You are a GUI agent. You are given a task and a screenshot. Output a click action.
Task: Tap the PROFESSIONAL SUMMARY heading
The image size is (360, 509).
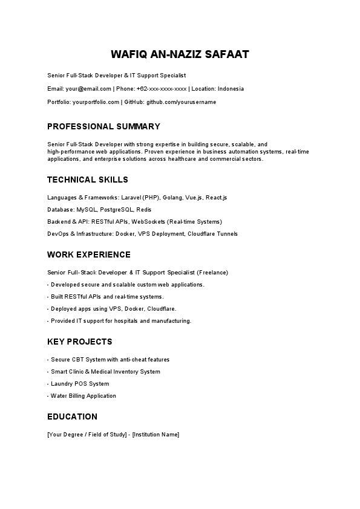coord(103,126)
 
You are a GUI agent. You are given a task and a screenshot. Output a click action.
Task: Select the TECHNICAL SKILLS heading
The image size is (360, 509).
coord(88,180)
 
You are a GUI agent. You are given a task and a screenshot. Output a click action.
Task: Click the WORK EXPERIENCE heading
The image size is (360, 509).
coord(89,254)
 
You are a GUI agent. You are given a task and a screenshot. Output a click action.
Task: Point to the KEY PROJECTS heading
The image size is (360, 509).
coord(79,342)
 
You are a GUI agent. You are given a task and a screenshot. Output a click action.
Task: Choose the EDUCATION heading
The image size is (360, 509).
coord(72,417)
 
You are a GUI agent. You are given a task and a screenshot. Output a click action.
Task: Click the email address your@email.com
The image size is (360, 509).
coord(88,89)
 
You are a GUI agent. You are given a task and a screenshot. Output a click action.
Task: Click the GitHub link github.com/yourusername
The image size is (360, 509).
coord(181,102)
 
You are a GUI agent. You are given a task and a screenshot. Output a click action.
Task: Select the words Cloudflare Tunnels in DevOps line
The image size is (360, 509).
coord(212,234)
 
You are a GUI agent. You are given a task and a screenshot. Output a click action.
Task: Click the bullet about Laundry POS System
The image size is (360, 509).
coord(80,384)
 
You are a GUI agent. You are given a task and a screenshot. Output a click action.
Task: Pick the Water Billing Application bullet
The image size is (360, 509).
coord(83,396)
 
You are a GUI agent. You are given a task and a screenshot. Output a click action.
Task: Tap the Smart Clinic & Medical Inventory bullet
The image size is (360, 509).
coord(105,372)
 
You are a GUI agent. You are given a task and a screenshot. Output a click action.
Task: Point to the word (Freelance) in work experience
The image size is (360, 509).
coord(213,273)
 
